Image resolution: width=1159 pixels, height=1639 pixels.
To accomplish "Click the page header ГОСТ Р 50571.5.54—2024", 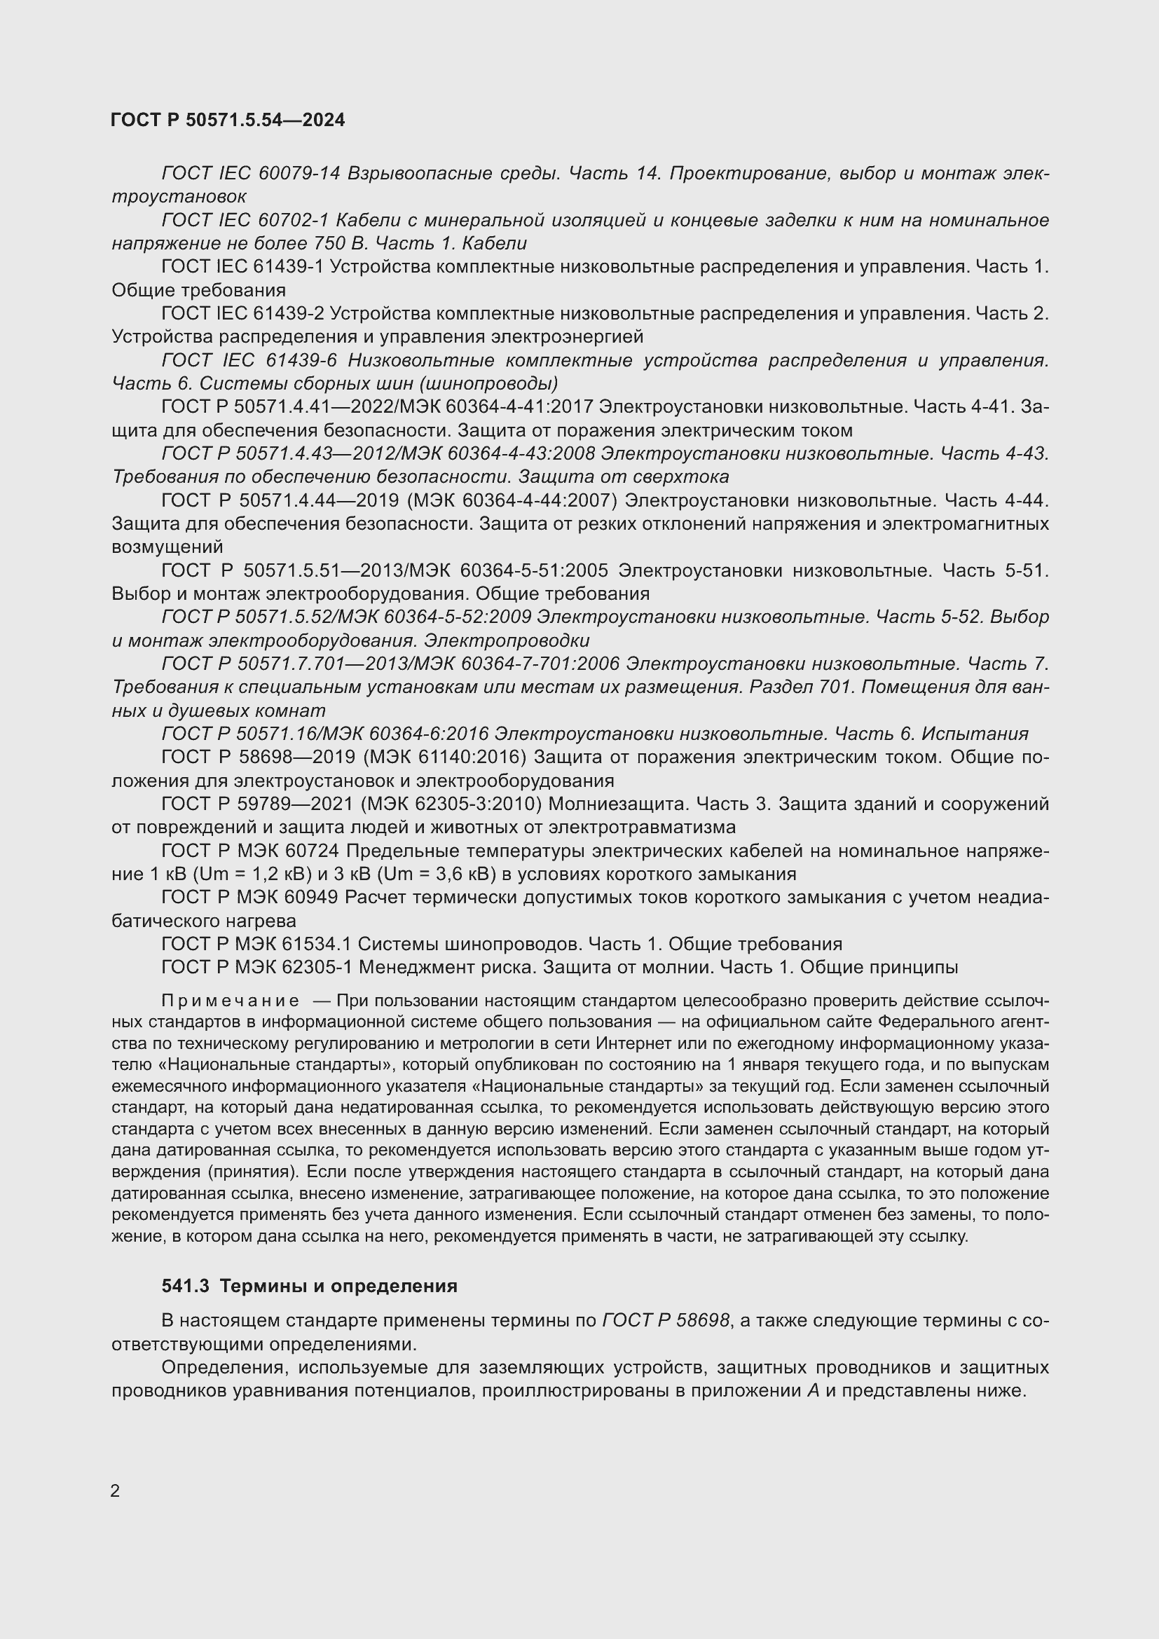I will pyautogui.click(x=228, y=120).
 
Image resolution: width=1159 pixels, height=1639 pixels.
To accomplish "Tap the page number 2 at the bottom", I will pyautogui.click(x=115, y=1491).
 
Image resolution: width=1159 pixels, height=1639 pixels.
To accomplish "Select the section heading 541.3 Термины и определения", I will pyautogui.click(x=310, y=1287).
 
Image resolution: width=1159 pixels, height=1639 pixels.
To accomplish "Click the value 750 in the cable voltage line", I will pyautogui.click(x=330, y=243).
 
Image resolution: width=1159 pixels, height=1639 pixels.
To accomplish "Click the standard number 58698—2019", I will pyautogui.click(x=299, y=757).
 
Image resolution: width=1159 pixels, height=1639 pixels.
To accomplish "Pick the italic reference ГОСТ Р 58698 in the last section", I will pyautogui.click(x=666, y=1321).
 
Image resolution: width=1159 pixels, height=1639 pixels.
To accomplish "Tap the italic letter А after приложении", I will pyautogui.click(x=813, y=1390).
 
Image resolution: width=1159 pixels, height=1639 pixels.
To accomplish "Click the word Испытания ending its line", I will pyautogui.click(x=975, y=734).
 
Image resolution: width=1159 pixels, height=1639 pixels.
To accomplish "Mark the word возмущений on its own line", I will pyautogui.click(x=167, y=547).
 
